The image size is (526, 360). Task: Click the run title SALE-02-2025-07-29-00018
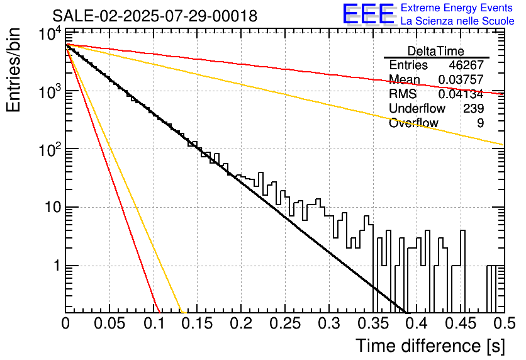click(x=155, y=16)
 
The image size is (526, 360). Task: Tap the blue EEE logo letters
click(x=368, y=14)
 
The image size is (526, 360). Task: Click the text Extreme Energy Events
click(x=457, y=8)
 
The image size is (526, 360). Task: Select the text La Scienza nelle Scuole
click(x=457, y=21)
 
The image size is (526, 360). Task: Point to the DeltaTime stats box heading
click(x=436, y=51)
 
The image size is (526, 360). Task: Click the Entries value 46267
click(x=466, y=65)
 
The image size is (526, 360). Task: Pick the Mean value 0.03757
click(x=461, y=79)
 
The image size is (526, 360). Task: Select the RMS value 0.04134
click(x=461, y=94)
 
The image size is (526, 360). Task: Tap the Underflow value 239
click(x=473, y=108)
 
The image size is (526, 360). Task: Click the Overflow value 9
click(x=480, y=123)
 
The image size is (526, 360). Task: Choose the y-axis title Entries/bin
click(x=13, y=70)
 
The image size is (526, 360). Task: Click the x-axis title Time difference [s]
click(x=430, y=346)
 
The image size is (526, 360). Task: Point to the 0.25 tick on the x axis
click(x=285, y=323)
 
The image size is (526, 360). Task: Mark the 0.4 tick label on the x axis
click(x=417, y=323)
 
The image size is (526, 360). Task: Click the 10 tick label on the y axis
click(x=53, y=207)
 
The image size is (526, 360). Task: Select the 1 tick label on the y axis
click(x=57, y=266)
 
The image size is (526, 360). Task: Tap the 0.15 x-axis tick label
click(x=197, y=323)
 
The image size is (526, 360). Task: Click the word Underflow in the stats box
click(x=417, y=108)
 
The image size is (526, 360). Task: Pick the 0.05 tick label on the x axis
click(x=109, y=323)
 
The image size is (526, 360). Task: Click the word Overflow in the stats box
click(x=413, y=123)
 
